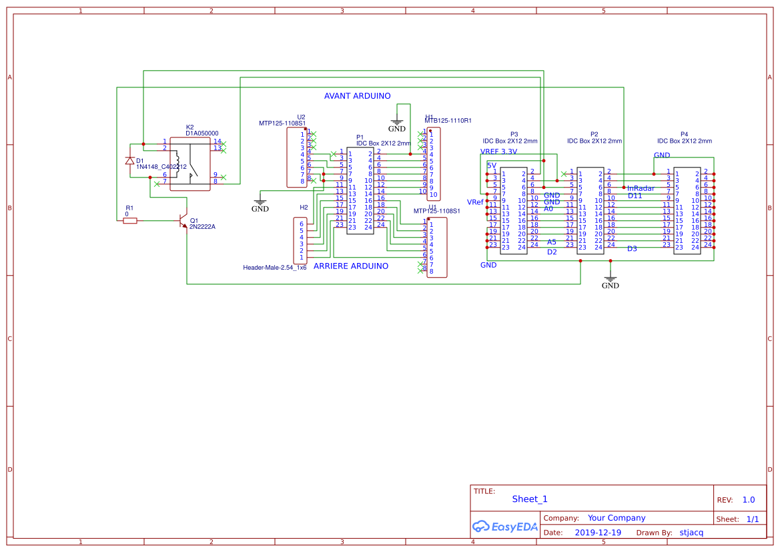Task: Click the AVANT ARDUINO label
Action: point(357,96)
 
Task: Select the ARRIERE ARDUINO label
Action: point(350,266)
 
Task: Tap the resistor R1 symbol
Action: point(130,220)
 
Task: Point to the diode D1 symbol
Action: point(130,161)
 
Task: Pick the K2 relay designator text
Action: point(189,127)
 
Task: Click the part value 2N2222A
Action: point(202,227)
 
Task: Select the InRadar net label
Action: point(641,189)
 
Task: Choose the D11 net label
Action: point(635,196)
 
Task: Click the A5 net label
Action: point(552,242)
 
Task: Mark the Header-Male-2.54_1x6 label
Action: point(275,268)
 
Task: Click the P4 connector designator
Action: point(684,134)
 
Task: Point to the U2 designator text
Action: point(301,117)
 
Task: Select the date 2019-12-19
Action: point(598,533)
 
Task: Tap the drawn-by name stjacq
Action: point(691,533)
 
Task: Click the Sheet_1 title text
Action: point(530,499)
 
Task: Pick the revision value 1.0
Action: point(749,500)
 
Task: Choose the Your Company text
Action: point(617,518)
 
